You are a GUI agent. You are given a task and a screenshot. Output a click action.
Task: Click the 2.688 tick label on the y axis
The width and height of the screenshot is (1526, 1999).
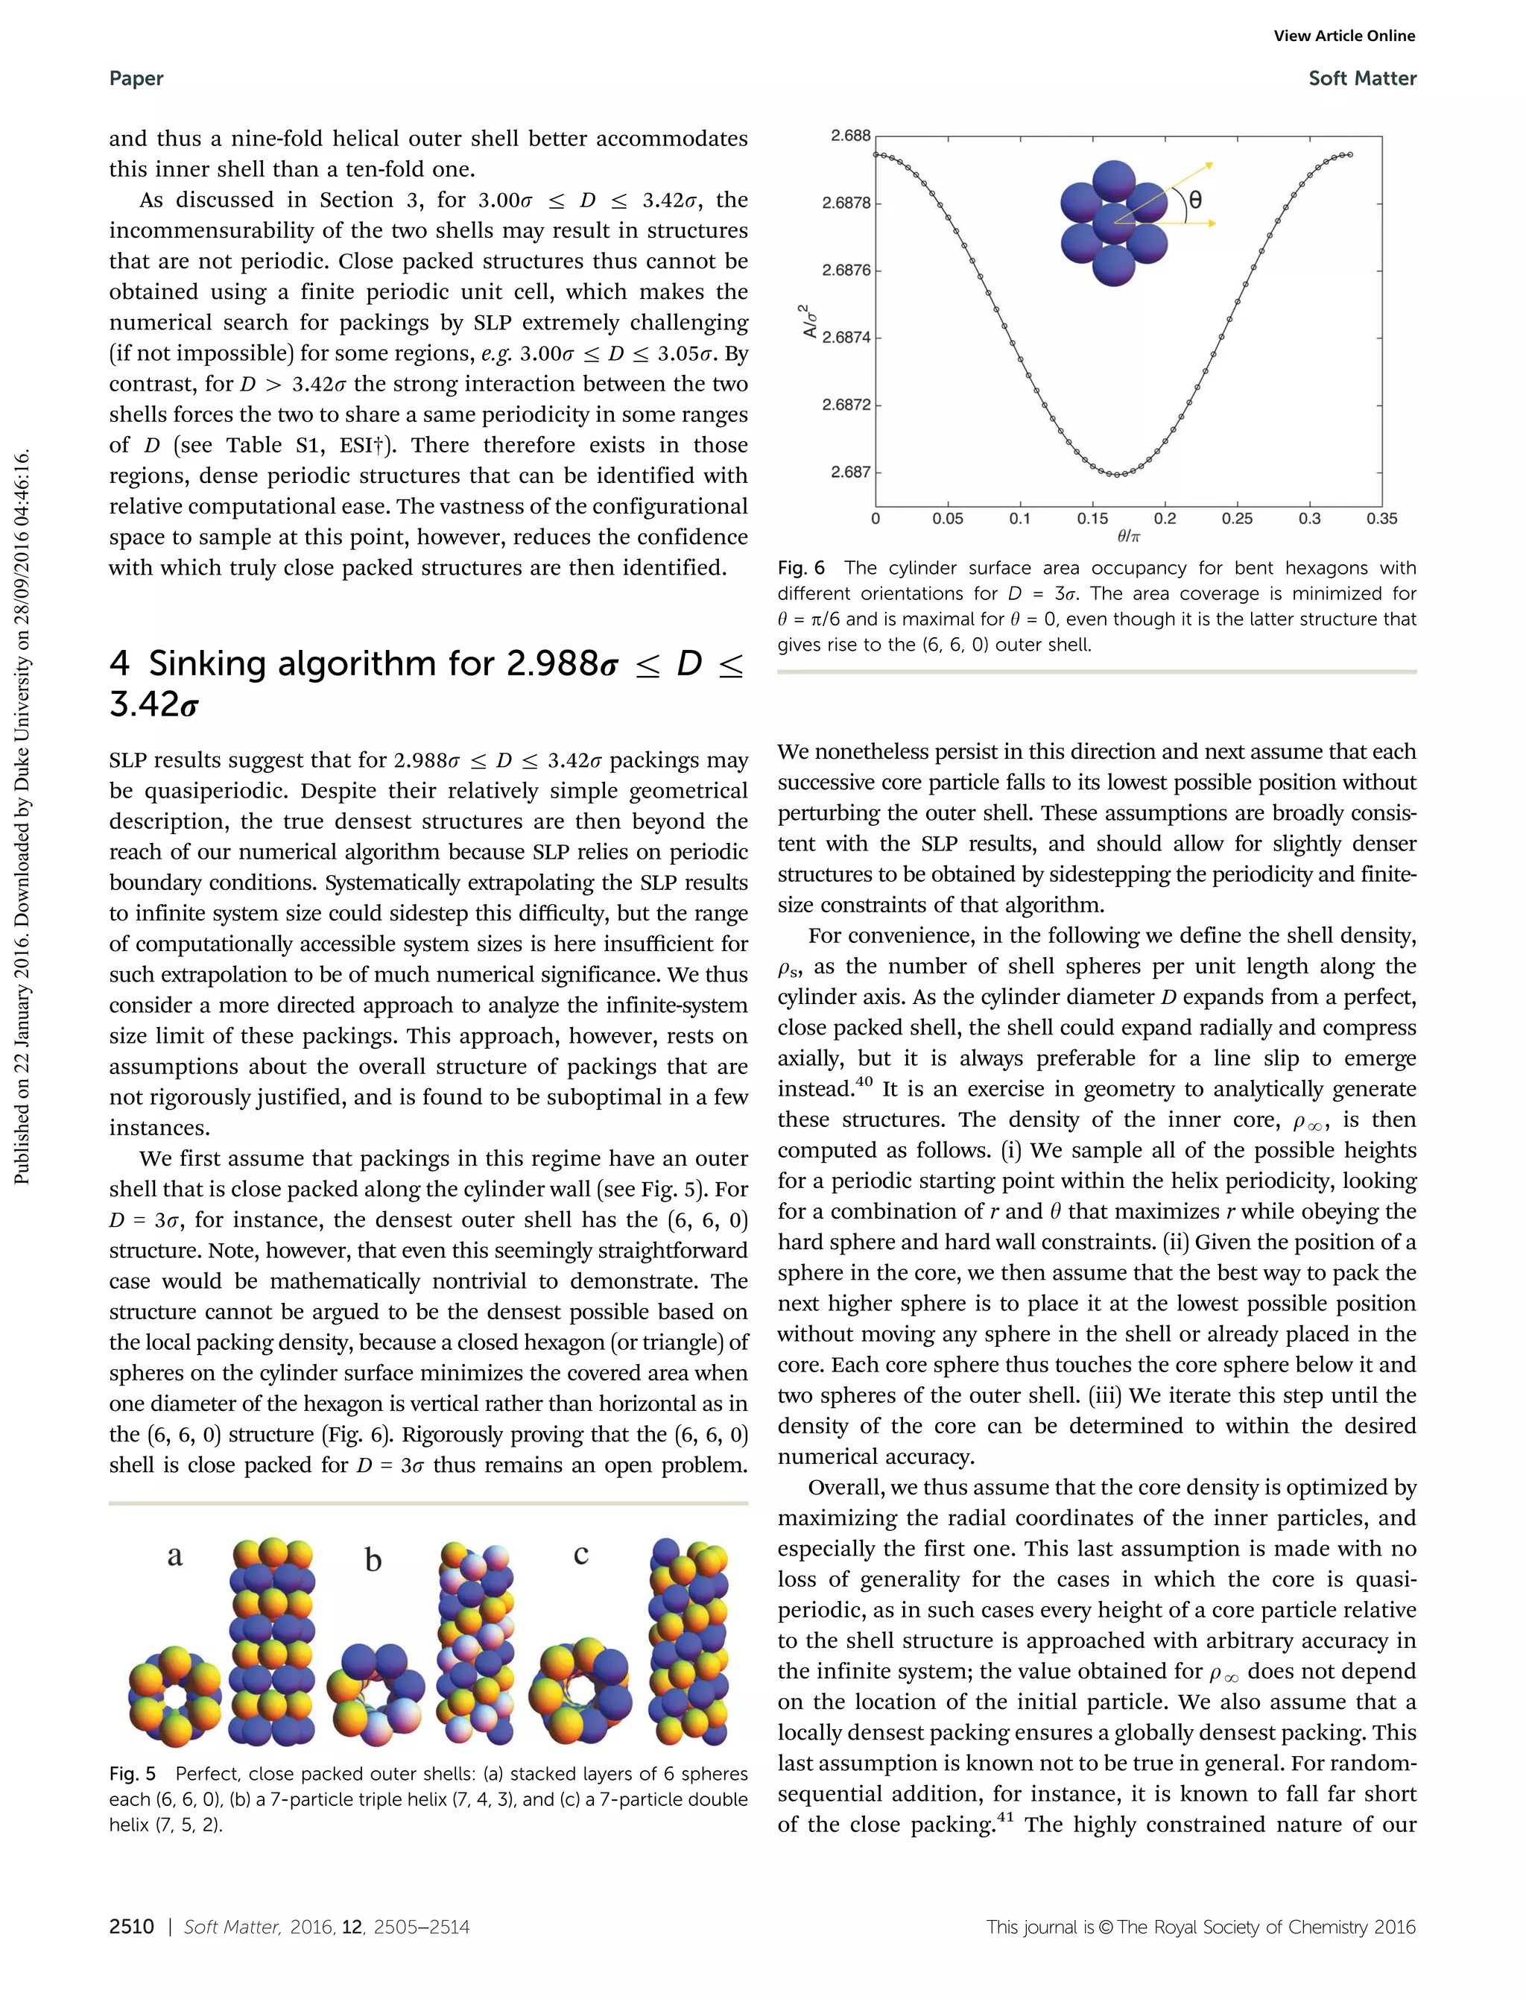click(x=850, y=136)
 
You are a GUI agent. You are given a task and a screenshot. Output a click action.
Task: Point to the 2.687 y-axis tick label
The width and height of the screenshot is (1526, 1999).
click(x=850, y=473)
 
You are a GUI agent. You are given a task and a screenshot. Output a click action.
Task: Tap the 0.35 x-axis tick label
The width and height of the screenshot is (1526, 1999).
click(x=1381, y=519)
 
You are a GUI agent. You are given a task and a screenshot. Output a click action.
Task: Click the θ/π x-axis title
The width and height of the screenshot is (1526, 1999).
click(x=1128, y=537)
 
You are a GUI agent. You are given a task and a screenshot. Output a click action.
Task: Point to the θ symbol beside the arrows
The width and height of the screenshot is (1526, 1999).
click(x=1195, y=200)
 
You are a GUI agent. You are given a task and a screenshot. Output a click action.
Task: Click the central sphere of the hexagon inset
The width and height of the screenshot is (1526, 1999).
click(x=1115, y=224)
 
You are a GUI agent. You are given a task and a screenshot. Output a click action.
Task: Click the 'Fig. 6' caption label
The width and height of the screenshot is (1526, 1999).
click(x=800, y=569)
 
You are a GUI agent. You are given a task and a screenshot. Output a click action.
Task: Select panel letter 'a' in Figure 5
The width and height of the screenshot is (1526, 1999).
click(x=174, y=1556)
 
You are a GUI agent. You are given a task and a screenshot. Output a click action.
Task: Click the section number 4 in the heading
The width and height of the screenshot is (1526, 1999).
click(x=119, y=664)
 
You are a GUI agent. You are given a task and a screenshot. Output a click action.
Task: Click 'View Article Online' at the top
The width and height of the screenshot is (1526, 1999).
click(x=1343, y=37)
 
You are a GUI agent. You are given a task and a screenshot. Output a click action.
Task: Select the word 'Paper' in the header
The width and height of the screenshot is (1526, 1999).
click(x=136, y=79)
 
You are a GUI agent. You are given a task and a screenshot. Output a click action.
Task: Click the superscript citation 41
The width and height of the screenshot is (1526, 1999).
click(x=1004, y=1817)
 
